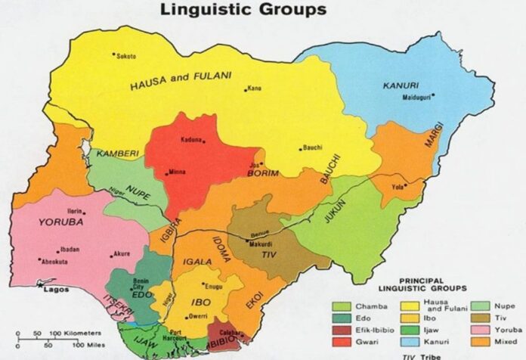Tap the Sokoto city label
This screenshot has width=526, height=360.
pos(128,55)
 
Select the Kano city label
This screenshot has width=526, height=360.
pos(255,88)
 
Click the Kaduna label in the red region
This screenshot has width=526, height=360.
pos(193,141)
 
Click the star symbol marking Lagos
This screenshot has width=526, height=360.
pos(40,287)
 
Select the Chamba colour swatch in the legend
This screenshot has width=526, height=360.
pos(341,306)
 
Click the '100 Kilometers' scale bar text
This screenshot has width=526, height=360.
pos(80,333)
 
